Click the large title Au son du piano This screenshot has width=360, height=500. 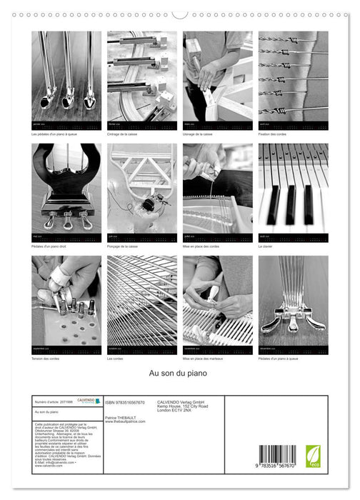pyautogui.click(x=179, y=374)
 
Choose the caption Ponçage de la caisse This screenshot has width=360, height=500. pyautogui.click(x=123, y=246)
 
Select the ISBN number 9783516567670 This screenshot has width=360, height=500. pyautogui.click(x=125, y=403)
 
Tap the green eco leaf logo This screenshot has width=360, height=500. pyautogui.click(x=313, y=456)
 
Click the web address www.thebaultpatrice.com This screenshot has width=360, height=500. pyautogui.click(x=124, y=421)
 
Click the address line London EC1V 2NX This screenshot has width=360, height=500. pyautogui.click(x=176, y=412)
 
